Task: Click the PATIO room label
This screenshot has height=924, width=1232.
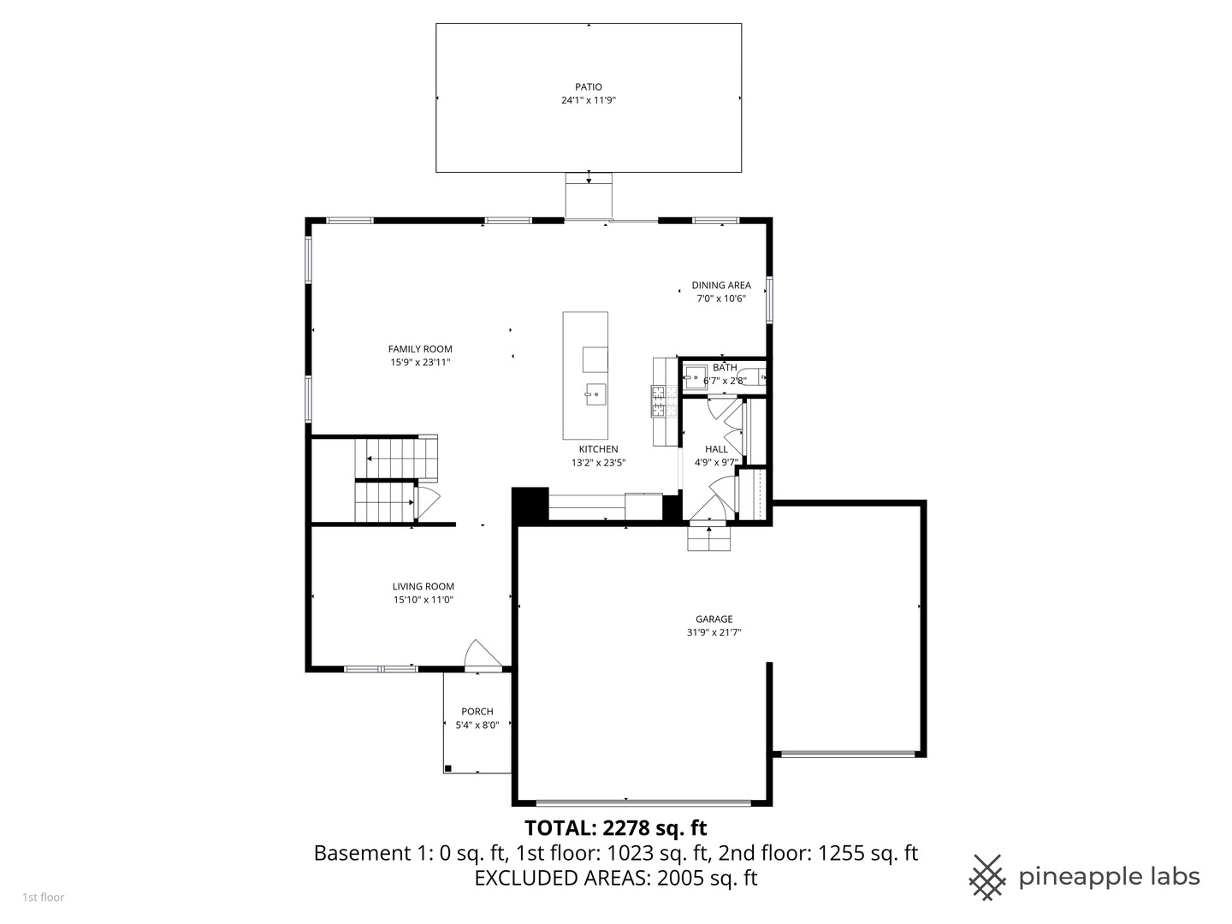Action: pos(588,86)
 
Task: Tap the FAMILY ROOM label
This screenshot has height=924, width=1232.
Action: pos(420,349)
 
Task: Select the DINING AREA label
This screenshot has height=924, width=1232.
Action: pos(721,286)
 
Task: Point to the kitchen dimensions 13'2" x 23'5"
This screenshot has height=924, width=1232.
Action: pos(598,463)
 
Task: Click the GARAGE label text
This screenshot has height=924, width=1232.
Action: pos(714,619)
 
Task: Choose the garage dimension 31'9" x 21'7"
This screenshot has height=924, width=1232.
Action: pos(714,633)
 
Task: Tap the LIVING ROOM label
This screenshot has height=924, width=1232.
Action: pos(423,587)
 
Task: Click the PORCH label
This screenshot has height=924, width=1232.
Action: pos(477,712)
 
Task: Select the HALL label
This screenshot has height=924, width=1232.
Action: pos(716,449)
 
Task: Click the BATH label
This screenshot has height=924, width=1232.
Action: pos(725,368)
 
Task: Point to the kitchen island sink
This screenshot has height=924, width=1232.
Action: pos(595,394)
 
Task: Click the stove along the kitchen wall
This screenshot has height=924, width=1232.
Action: pos(659,401)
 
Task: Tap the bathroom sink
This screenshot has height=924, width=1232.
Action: pos(694,376)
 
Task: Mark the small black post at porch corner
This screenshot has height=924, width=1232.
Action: pos(448,767)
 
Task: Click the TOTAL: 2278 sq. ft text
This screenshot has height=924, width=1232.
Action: pos(615,828)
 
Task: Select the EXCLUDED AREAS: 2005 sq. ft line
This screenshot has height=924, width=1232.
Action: pos(615,878)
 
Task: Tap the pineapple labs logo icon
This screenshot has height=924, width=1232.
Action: pos(986,877)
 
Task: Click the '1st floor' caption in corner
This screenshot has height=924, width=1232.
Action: pos(43,897)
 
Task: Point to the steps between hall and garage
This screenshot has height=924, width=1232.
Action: pos(709,538)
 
